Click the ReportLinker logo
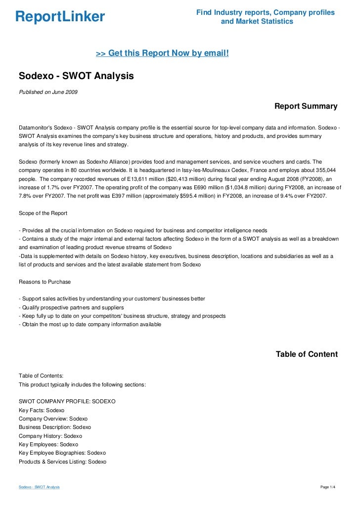60,17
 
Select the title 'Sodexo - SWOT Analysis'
76,76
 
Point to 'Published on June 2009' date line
47,91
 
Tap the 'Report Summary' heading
306,106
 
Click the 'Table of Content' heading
307,354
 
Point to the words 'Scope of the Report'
43,213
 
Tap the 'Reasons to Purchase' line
45,282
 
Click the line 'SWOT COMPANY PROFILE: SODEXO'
67,402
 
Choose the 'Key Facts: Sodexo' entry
42,410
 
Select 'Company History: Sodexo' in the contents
50,436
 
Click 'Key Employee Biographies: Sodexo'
62,453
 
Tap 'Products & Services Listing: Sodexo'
62,462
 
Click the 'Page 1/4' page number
328,487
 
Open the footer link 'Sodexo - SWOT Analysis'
39,487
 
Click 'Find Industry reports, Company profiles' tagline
266,12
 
